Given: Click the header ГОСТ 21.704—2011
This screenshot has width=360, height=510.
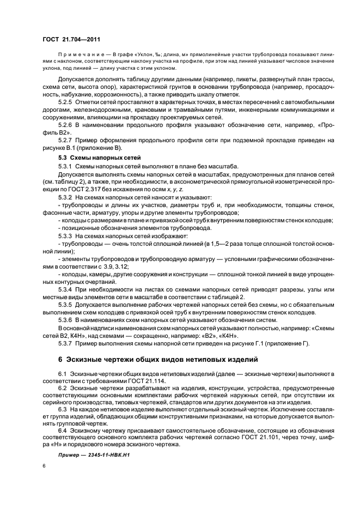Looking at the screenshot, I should [71, 39].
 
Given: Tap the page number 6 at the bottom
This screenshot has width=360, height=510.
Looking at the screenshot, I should [44, 467].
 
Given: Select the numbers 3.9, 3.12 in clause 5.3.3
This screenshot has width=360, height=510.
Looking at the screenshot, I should [114, 267].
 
